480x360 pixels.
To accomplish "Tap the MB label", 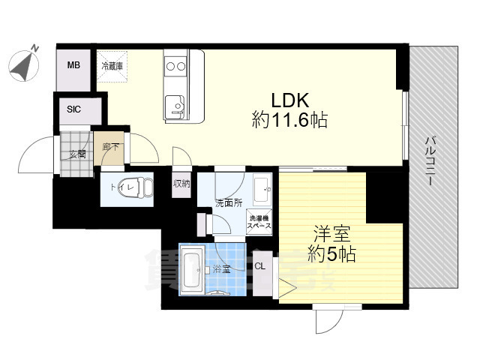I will [x=73, y=65].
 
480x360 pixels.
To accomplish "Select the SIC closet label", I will [x=73, y=109].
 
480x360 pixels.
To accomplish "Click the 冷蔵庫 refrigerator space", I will [x=112, y=66].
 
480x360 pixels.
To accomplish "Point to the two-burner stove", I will [x=175, y=67].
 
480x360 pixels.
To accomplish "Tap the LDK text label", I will [x=288, y=99].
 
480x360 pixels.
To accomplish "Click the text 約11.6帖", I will [x=289, y=120].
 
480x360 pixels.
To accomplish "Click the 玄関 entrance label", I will [x=78, y=154].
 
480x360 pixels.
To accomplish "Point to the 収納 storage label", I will [x=181, y=183].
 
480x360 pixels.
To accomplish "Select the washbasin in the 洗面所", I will [x=262, y=188].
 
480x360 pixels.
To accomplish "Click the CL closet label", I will [x=260, y=265].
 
